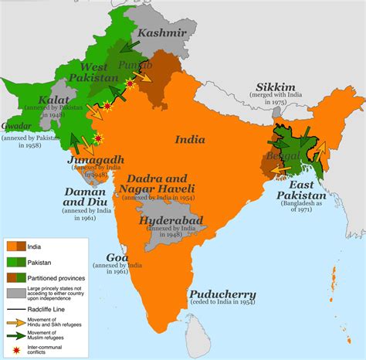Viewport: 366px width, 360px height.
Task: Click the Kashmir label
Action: tap(162, 33)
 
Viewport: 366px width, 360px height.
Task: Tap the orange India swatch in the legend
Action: tap(17, 246)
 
